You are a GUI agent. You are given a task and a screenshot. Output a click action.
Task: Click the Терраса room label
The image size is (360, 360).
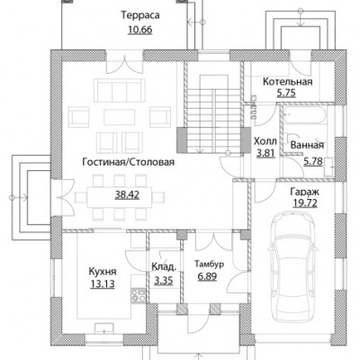pyautogui.click(x=140, y=16)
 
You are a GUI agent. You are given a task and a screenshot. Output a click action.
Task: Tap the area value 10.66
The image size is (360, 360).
pyautogui.click(x=140, y=30)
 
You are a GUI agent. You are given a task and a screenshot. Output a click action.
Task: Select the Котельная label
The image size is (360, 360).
pyautogui.click(x=288, y=82)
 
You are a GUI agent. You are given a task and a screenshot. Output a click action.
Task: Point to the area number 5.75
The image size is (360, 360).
pyautogui.click(x=286, y=94)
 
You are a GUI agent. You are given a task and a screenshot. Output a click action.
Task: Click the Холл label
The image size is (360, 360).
pyautogui.click(x=265, y=141)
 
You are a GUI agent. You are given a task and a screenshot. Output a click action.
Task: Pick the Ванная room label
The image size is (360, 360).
pyautogui.click(x=307, y=145)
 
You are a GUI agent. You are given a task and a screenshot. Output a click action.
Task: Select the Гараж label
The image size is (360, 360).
pyautogui.click(x=304, y=192)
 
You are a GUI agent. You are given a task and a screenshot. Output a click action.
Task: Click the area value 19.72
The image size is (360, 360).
pyautogui.click(x=305, y=203)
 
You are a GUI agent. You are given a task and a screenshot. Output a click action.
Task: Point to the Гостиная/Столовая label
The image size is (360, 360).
pyautogui.click(x=129, y=162)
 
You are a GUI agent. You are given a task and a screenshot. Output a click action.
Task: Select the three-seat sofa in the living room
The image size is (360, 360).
pyautogui.click(x=120, y=90)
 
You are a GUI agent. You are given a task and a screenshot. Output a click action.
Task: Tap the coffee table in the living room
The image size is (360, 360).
pyautogui.click(x=120, y=117)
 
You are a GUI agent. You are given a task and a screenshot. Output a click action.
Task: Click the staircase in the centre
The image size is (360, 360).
pyautogui.click(x=213, y=114)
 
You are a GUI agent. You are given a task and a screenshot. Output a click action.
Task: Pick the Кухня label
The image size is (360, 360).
pyautogui.click(x=103, y=272)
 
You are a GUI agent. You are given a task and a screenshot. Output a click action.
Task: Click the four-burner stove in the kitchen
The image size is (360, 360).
pyautogui.click(x=139, y=294)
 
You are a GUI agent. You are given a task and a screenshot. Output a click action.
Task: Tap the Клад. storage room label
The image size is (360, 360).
pyautogui.click(x=164, y=266)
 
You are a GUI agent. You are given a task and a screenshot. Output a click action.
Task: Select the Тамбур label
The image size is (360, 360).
pyautogui.click(x=210, y=264)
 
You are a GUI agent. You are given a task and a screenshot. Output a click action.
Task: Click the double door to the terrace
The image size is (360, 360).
pyautogui.click(x=125, y=66)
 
